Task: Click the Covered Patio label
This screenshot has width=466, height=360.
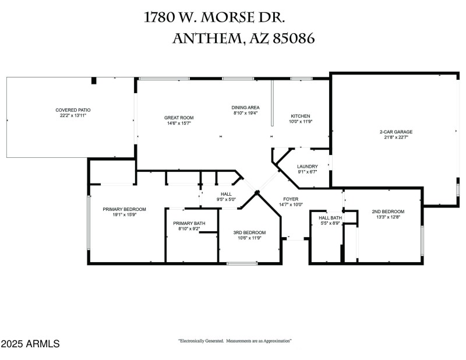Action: (x=73, y=110)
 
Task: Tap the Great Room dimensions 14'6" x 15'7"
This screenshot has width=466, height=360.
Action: (x=179, y=123)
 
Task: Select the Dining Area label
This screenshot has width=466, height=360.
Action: (x=245, y=108)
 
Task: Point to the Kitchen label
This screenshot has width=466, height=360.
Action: (x=301, y=116)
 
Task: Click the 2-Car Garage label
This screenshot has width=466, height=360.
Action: (x=396, y=132)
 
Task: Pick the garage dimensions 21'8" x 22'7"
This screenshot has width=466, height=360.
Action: (x=396, y=137)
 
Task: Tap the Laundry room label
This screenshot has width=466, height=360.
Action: (x=308, y=167)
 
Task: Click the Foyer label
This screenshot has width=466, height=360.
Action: (x=291, y=199)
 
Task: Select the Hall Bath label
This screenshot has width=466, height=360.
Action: (x=330, y=218)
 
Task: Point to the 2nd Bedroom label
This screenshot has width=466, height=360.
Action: (x=388, y=211)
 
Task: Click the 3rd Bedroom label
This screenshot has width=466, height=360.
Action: (x=249, y=232)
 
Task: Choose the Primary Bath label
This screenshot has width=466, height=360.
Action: (x=189, y=223)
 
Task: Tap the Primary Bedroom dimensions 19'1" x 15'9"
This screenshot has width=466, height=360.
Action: (x=124, y=214)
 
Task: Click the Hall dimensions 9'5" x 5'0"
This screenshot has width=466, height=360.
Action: (x=226, y=199)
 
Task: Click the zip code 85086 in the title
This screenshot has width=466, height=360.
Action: (x=294, y=38)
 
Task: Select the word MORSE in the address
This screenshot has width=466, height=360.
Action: (x=228, y=17)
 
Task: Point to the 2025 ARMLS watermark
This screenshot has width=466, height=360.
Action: (x=30, y=344)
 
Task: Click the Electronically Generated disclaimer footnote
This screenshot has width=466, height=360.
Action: (x=235, y=341)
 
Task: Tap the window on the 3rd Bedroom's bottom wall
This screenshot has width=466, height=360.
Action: (x=242, y=263)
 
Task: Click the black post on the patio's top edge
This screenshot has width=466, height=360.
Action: (x=94, y=80)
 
